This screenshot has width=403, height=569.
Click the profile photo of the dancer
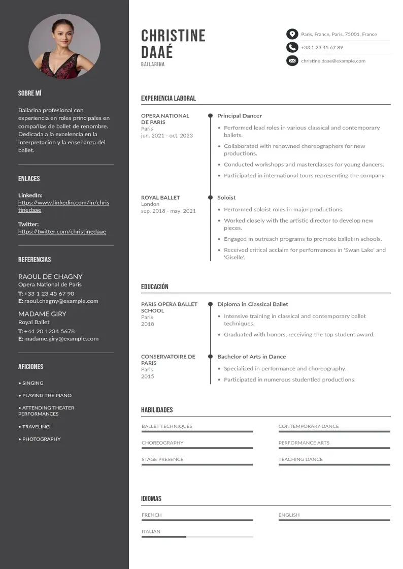[64, 46]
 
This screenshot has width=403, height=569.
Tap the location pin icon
[292, 34]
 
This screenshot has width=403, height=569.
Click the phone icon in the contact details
[292, 47]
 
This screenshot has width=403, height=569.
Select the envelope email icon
[292, 61]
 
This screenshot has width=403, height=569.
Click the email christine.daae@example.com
[333, 61]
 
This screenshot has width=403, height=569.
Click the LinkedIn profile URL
[63, 206]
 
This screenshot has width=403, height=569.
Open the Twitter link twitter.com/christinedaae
[62, 232]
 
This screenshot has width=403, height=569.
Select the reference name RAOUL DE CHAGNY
[50, 276]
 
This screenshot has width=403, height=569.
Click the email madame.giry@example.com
[61, 339]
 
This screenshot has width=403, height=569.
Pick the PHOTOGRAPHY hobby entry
[41, 439]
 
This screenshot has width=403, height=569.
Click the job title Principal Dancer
[240, 116]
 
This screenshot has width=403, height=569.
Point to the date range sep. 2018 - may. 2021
[168, 211]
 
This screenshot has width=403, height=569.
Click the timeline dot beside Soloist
[210, 198]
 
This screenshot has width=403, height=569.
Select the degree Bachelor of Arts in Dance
[251, 357]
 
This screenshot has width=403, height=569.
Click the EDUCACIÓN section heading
[155, 287]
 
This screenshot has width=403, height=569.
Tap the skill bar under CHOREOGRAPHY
[197, 448]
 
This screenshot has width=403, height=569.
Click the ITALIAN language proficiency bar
[197, 536]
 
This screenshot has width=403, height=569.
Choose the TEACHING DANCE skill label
[300, 459]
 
